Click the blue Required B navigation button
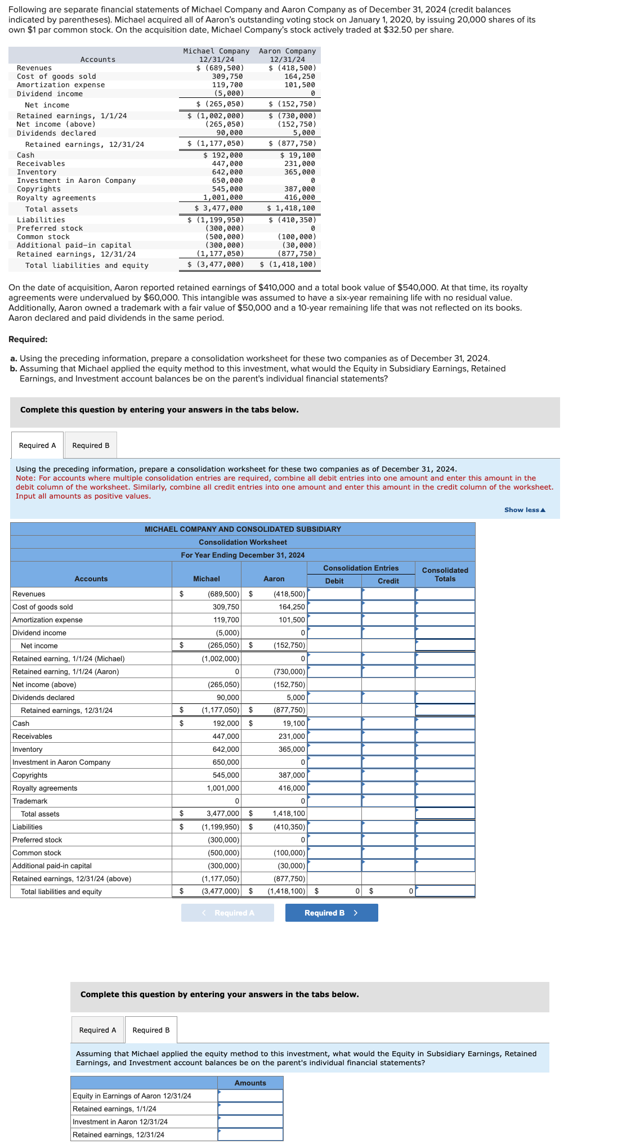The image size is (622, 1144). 331,913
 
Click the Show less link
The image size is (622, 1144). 525,510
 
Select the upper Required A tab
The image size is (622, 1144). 38,445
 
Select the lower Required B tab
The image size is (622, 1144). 151,1030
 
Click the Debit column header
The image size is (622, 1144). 334,581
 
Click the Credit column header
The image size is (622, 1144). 388,581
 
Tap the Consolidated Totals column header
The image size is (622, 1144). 445,575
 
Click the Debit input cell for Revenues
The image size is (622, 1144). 334,594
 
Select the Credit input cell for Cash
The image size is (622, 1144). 388,723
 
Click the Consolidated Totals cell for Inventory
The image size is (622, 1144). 445,749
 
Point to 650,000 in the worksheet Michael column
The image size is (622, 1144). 226,762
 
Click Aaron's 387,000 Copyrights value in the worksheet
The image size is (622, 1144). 292,775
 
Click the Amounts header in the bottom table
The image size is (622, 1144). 250,1083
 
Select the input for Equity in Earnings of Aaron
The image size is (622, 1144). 250,1096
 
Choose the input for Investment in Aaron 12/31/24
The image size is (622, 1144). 250,1121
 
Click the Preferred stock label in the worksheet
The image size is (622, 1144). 37,840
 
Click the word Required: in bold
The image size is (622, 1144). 28,339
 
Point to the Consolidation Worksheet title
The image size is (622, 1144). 243,542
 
